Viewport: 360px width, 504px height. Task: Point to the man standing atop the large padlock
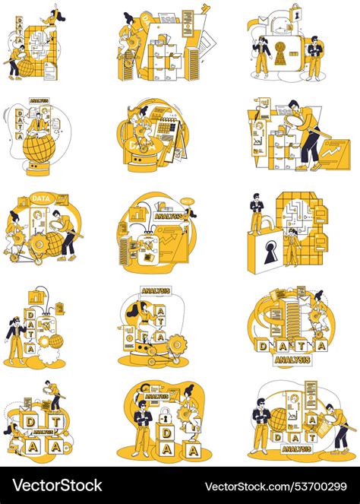click(x=257, y=213)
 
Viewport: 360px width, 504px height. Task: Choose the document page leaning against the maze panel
click(x=50, y=71)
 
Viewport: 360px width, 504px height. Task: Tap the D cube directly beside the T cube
click(x=30, y=421)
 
